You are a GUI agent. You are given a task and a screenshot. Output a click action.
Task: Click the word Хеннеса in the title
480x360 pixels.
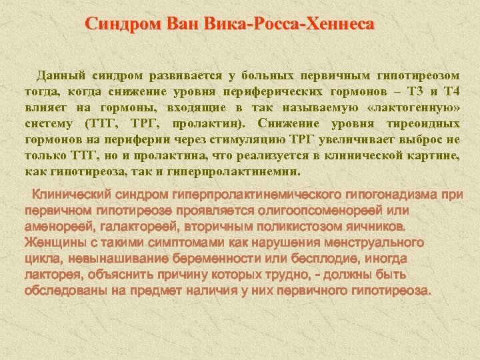[339, 25]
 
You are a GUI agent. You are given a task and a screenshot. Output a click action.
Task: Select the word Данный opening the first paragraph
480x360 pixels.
[60, 75]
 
